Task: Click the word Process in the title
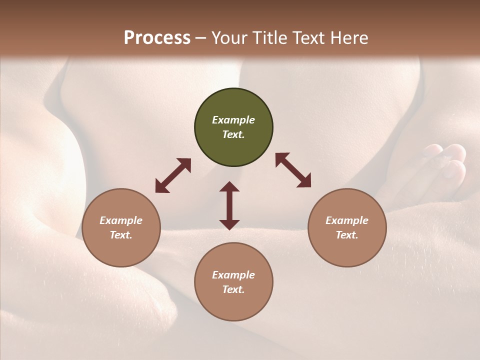tap(157, 38)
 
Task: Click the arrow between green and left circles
tap(173, 175)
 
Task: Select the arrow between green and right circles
tap(293, 170)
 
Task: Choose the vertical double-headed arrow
tap(229, 205)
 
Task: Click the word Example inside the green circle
tap(233, 120)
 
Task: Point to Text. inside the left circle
tap(121, 235)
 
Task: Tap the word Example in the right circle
tap(347, 220)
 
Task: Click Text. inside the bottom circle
tap(233, 289)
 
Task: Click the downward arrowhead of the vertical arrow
tap(229, 224)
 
